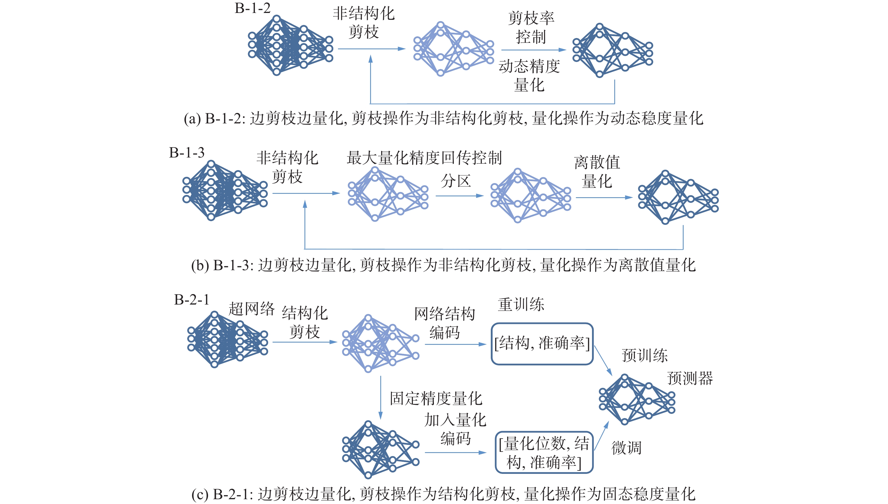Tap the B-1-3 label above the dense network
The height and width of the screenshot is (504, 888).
(x=187, y=153)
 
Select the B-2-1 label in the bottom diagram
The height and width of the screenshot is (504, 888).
(x=191, y=300)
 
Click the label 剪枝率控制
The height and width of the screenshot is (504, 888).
(x=531, y=27)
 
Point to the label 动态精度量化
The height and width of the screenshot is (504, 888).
(x=529, y=76)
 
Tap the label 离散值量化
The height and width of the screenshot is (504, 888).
(x=597, y=172)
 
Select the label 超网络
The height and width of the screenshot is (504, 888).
(x=251, y=309)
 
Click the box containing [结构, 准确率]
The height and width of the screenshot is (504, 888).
(x=542, y=344)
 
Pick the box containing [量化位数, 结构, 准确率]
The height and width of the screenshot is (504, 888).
(x=544, y=452)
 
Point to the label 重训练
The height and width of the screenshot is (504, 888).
(x=521, y=305)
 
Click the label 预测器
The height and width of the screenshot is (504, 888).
(x=690, y=378)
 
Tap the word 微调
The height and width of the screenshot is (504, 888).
(x=626, y=448)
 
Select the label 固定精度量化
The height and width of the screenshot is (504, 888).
(x=436, y=398)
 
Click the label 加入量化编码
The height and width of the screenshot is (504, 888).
(x=455, y=429)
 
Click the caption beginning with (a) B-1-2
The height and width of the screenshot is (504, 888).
(x=443, y=118)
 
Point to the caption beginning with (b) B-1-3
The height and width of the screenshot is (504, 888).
(x=443, y=265)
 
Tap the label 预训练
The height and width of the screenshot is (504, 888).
(x=644, y=356)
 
